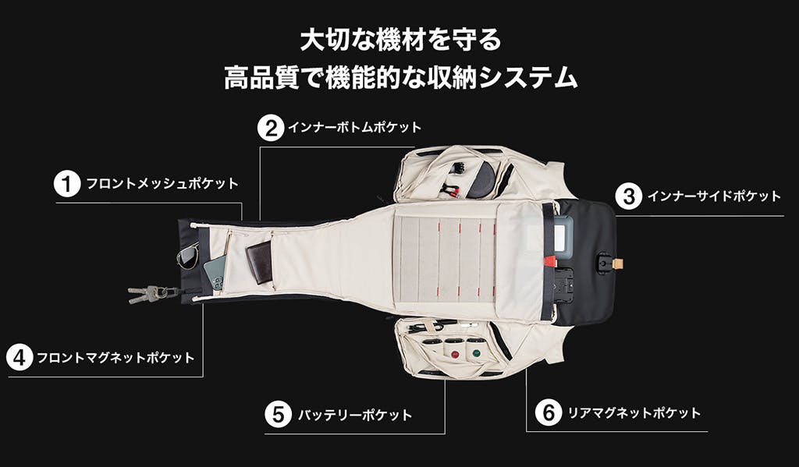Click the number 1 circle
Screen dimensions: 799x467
[67, 184]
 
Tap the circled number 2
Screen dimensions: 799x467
[271, 127]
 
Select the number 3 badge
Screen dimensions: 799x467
[629, 196]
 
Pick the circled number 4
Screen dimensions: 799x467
[20, 358]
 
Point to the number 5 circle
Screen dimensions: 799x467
[279, 415]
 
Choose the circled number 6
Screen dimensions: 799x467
[549, 412]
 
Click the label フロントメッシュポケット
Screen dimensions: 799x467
[162, 184]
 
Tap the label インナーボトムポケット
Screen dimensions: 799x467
[355, 127]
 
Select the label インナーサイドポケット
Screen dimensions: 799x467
[714, 196]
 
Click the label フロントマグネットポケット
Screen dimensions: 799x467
[115, 358]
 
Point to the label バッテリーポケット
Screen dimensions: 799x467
[355, 415]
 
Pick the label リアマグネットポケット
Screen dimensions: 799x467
[634, 412]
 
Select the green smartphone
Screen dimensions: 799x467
[215, 272]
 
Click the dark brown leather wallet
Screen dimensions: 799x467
[259, 262]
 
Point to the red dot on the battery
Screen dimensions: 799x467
[455, 354]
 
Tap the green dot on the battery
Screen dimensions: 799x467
[477, 352]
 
